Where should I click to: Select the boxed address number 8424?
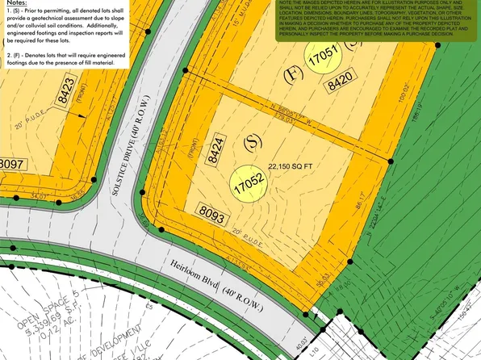[x=214, y=151]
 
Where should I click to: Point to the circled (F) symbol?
[x=293, y=77]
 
